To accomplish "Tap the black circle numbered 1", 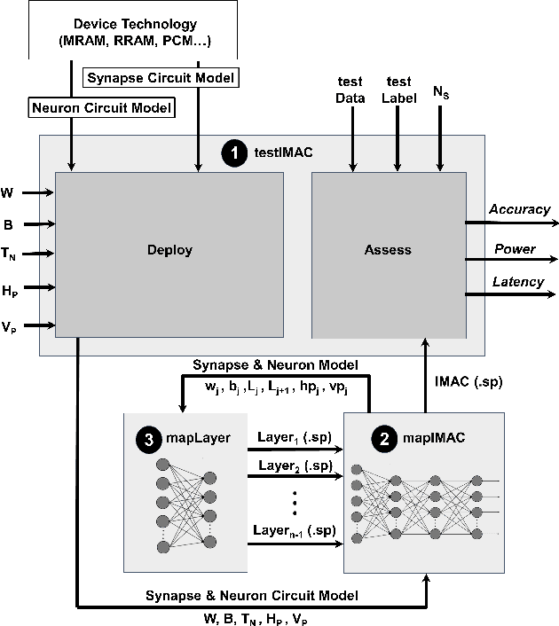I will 234,153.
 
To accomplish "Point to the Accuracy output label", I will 519,210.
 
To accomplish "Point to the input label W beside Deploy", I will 8,192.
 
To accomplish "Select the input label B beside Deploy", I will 7,225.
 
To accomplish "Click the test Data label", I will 350,92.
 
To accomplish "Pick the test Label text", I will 398,92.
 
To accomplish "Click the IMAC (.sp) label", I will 468,382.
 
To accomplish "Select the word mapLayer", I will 196,438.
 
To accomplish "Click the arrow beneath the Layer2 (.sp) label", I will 295,475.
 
